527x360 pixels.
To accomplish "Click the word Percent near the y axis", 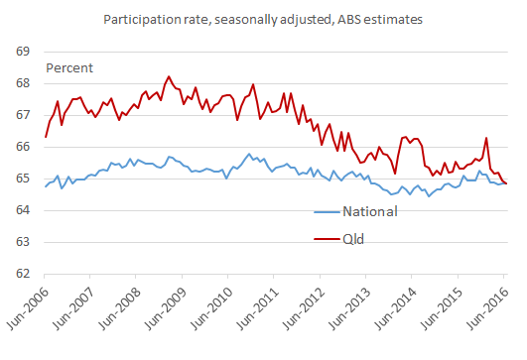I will click(x=71, y=67).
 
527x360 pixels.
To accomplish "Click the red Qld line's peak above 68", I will click(x=168, y=76).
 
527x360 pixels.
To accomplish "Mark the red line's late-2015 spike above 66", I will click(x=486, y=138).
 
